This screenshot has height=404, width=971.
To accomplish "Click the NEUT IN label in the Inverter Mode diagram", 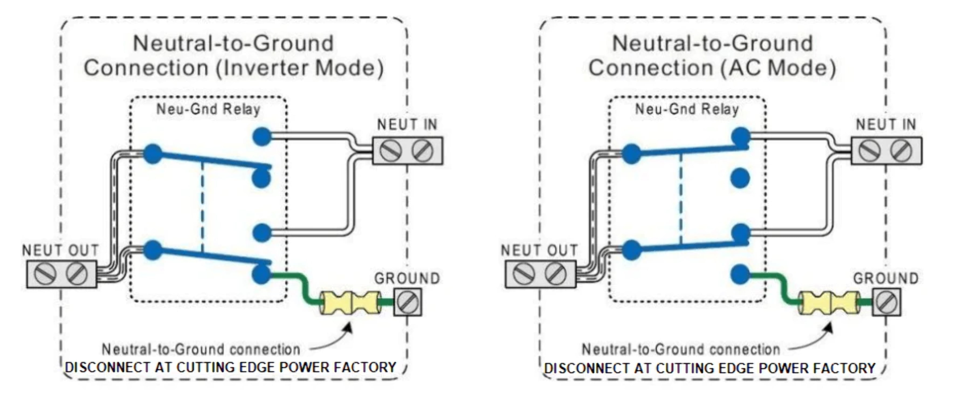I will tap(407, 125).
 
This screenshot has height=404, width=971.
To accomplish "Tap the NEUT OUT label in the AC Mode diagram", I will tap(539, 250).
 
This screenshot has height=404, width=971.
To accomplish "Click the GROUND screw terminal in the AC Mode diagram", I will tap(886, 302).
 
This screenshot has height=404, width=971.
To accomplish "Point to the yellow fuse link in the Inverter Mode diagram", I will tap(350, 302).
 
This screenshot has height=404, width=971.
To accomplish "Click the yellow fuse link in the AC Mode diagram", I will tap(829, 302).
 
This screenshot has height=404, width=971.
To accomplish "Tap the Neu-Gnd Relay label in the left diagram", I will tap(208, 109).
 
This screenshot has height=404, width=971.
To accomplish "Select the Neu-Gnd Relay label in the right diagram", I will tap(687, 109).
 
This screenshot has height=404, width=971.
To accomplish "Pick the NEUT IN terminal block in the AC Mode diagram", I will tap(886, 151).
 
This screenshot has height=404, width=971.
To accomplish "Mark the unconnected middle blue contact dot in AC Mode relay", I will tap(740, 178).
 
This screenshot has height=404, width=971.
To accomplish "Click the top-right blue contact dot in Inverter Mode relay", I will tap(261, 136).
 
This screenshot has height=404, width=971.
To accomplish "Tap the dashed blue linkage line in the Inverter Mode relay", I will tap(202, 207).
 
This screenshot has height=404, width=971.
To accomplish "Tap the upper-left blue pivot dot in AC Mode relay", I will tap(631, 154).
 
